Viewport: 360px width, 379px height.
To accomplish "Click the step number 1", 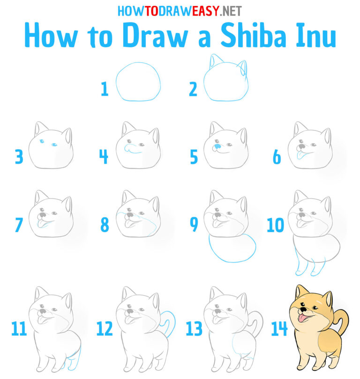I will tap(105, 89).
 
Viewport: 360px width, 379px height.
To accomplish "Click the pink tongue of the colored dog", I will tap(304, 320).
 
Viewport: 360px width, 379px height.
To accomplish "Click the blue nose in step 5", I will tap(217, 149).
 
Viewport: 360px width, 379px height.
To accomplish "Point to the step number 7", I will tap(18, 226).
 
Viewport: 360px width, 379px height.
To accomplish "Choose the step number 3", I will tap(18, 157).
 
